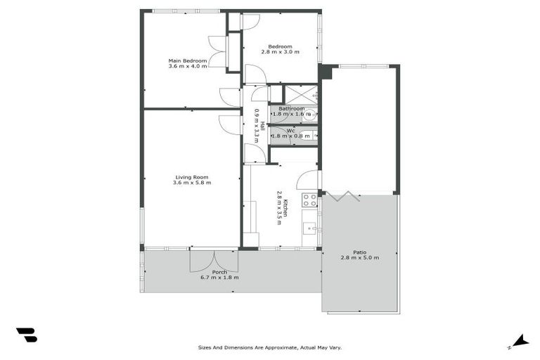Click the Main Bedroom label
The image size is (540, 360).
(x=188, y=60)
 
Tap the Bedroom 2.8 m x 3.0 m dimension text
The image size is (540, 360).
(x=279, y=53)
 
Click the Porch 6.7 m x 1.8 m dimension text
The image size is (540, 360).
(x=219, y=277)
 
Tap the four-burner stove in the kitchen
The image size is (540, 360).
(x=309, y=200)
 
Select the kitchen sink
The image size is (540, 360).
(x=309, y=228)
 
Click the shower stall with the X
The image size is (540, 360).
(x=300, y=94)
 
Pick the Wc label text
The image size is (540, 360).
(x=290, y=131)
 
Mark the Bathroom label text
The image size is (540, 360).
(x=292, y=108)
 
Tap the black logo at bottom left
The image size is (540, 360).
(x=27, y=335)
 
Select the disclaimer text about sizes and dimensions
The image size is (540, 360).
(x=269, y=347)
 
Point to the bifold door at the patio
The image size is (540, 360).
(x=346, y=196)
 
